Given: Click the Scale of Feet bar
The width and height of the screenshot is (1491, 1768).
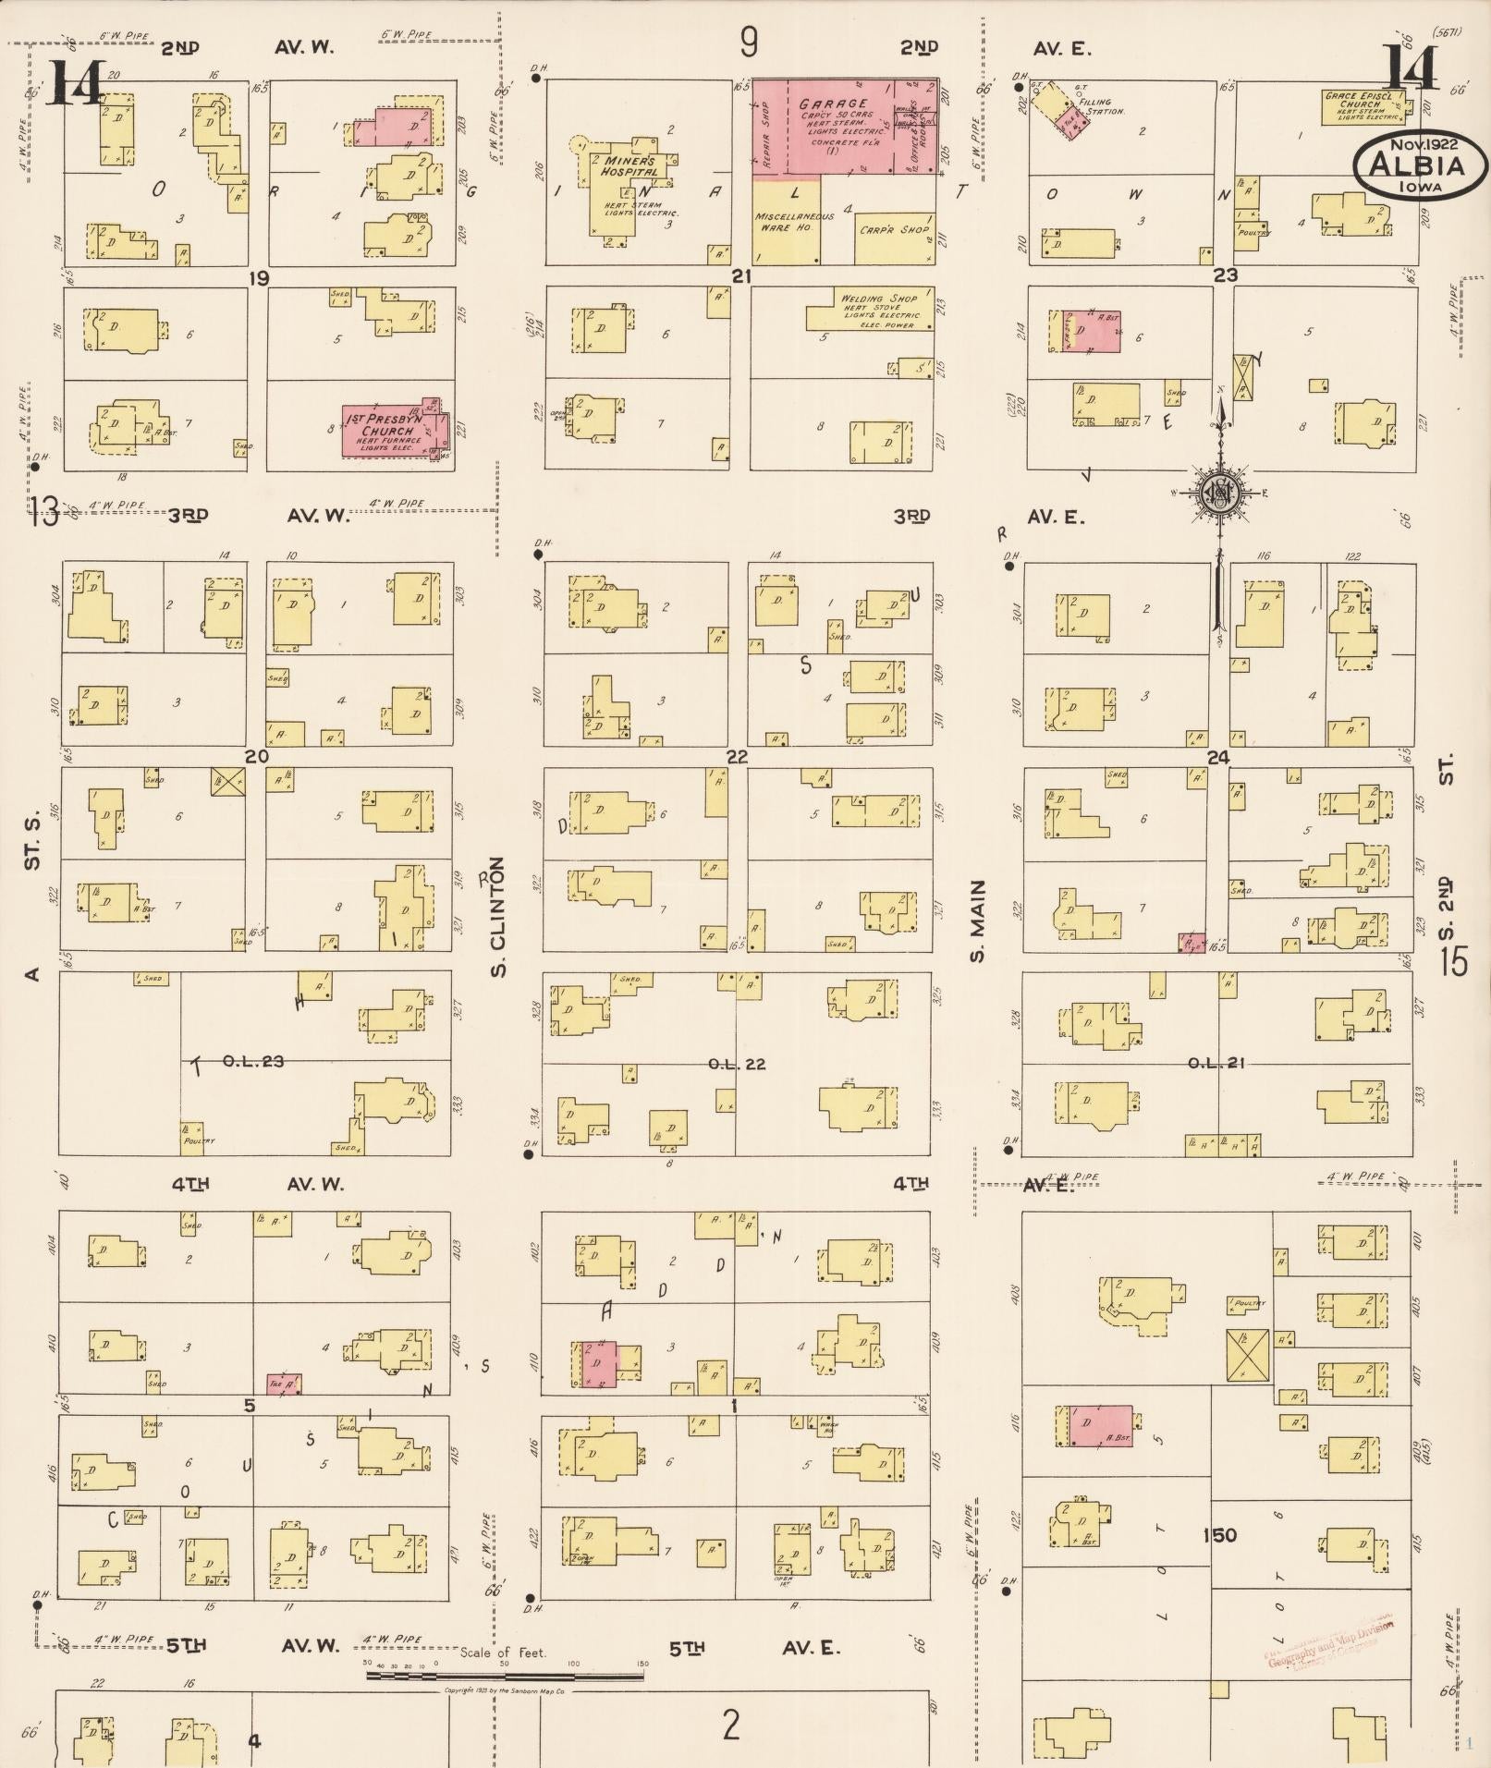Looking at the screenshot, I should pyautogui.click(x=505, y=1674).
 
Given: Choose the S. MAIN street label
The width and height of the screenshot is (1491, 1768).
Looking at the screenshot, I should pyautogui.click(x=978, y=921).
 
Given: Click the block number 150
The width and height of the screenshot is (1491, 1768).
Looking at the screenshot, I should pyautogui.click(x=1219, y=1535).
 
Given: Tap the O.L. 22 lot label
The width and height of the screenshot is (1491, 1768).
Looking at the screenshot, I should pyautogui.click(x=737, y=1064).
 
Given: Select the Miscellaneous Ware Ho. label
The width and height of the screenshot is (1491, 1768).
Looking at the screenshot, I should pyautogui.click(x=794, y=222).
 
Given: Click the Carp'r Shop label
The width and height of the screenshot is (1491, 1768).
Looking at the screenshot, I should pyautogui.click(x=893, y=229).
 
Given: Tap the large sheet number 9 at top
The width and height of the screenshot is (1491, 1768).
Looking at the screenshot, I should pyautogui.click(x=749, y=42).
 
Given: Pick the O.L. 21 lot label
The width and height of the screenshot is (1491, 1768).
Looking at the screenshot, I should pyautogui.click(x=1216, y=1063).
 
